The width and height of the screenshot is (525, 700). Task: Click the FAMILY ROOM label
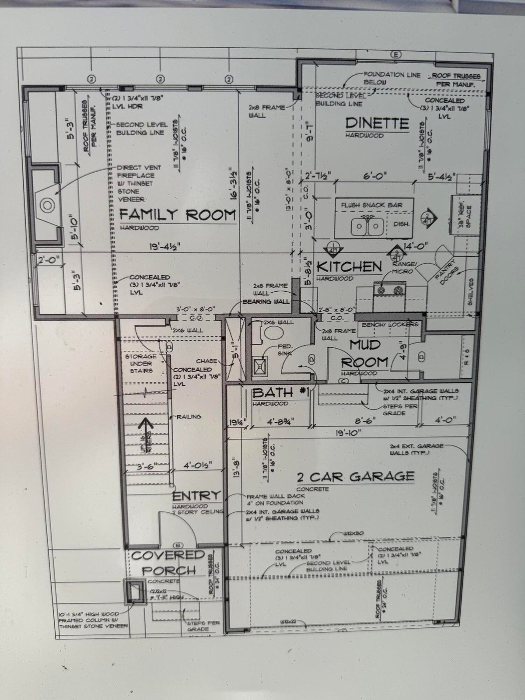[177, 215]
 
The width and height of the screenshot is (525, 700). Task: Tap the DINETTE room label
[377, 123]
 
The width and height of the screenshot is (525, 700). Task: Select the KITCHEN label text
[349, 266]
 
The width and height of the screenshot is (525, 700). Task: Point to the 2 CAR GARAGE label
[355, 476]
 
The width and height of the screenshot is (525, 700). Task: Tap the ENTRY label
[196, 496]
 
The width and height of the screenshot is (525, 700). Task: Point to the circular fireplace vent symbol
[46, 204]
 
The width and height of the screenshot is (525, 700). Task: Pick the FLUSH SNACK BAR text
[371, 205]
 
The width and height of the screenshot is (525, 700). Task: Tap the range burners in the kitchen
[389, 289]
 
